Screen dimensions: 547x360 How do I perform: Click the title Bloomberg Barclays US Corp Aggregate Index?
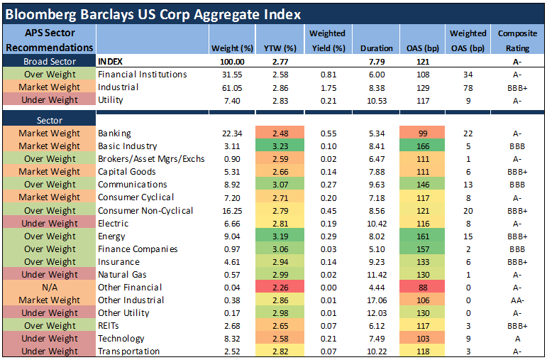click(153, 15)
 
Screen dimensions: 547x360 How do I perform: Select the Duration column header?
click(377, 48)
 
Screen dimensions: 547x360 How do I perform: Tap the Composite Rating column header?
click(517, 40)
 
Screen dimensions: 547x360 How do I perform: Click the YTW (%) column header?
click(280, 48)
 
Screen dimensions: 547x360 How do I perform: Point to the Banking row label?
click(114, 133)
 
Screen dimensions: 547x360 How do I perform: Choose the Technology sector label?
click(121, 339)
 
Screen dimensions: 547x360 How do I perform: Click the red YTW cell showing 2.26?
click(280, 288)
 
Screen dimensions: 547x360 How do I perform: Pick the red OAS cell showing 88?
click(422, 288)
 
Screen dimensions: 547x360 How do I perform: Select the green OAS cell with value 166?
click(422, 146)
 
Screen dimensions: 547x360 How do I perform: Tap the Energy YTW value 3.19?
click(280, 236)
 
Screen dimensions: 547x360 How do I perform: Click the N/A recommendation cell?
click(49, 288)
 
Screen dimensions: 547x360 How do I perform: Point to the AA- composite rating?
click(517, 300)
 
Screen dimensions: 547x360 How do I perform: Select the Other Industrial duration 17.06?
click(377, 300)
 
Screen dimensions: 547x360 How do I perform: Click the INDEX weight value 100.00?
click(232, 62)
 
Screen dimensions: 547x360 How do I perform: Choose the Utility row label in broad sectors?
click(111, 100)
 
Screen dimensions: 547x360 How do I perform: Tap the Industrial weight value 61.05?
click(232, 87)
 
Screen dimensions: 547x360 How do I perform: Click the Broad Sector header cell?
click(49, 61)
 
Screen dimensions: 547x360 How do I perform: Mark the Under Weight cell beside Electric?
click(49, 224)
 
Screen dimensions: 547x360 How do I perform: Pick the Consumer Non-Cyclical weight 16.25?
click(232, 211)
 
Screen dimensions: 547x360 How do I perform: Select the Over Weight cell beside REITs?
click(49, 326)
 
